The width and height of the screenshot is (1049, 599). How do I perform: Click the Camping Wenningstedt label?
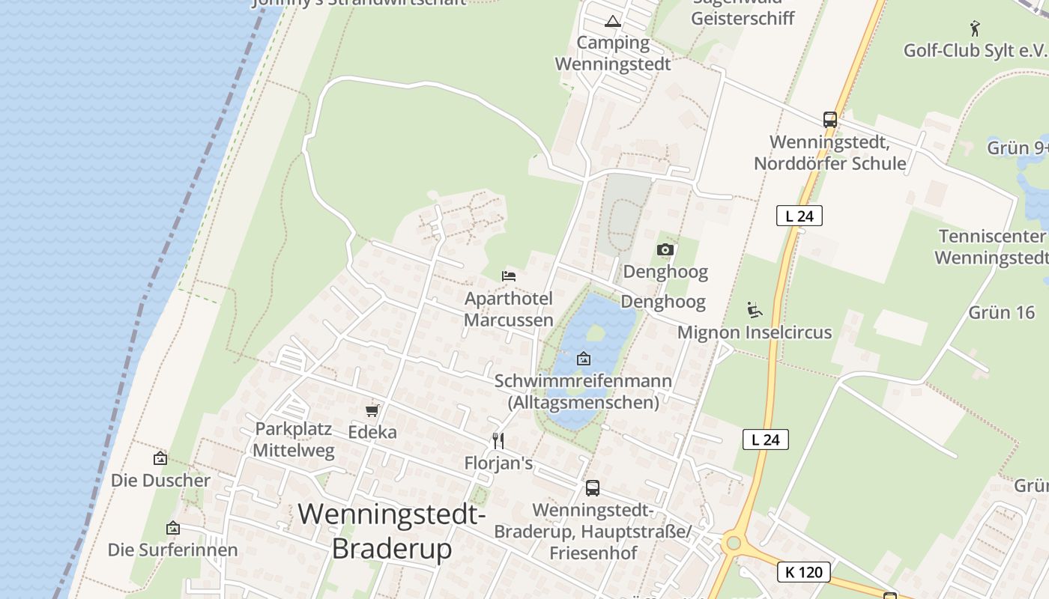coord(613,53)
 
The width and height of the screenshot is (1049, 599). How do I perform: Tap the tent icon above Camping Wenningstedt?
coord(613,21)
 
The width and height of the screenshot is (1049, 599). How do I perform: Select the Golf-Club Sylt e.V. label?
coord(974,50)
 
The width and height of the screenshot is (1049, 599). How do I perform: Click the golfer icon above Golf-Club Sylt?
coord(974,28)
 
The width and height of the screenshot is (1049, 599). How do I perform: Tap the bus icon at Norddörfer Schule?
coord(829,120)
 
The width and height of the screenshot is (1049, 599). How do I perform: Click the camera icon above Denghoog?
coord(665,250)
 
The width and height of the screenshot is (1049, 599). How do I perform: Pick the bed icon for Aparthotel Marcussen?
coord(509,276)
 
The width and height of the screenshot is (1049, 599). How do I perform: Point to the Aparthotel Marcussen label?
coord(509,309)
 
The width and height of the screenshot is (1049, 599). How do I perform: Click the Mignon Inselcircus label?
coord(755,332)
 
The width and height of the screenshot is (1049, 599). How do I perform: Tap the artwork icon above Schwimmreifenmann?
coord(584,359)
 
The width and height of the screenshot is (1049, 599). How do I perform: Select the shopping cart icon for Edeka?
coord(372,410)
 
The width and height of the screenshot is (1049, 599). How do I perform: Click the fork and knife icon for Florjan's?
coord(498,440)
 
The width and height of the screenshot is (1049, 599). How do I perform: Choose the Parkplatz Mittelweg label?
coord(293,440)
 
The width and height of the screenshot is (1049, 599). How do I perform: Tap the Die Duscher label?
coord(160,480)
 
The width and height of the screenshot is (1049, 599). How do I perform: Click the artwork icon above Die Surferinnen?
coord(173,529)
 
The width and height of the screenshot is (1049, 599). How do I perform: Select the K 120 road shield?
coord(805,572)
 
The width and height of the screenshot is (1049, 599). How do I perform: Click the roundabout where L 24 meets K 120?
coord(734,542)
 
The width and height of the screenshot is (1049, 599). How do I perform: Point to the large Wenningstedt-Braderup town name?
coord(392,532)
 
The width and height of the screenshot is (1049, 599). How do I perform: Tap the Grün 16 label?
coord(1001,312)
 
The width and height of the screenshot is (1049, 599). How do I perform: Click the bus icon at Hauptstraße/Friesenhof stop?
coord(592,488)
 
